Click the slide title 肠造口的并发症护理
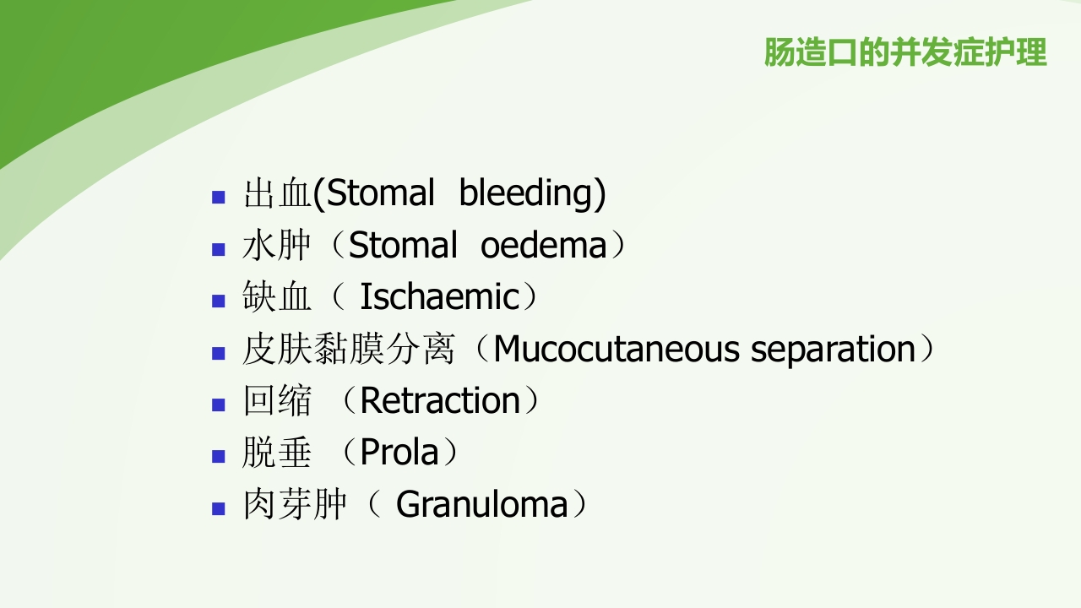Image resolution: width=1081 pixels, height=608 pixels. click(904, 52)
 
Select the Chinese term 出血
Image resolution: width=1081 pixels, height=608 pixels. click(277, 193)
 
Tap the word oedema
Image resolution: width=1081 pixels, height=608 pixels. click(544, 246)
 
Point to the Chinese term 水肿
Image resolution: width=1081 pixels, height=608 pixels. click(277, 246)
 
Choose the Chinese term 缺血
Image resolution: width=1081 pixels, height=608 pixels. click(277, 297)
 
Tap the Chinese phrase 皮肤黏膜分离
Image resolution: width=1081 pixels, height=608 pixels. click(348, 350)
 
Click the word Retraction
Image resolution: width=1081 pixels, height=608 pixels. click(440, 401)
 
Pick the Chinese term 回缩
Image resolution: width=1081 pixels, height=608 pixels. click(277, 401)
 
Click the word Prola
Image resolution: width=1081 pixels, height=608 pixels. click(399, 453)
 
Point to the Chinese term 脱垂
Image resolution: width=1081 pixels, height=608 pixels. click(277, 453)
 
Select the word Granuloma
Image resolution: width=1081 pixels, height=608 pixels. click(482, 505)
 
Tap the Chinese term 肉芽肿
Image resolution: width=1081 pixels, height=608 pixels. click(295, 505)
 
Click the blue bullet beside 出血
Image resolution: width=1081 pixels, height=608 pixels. click(219, 198)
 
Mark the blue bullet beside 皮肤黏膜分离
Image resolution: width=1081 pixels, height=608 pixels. click(219, 353)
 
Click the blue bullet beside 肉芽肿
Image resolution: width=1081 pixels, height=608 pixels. click(219, 508)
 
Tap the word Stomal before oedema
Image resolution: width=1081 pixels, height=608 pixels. click(403, 246)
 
